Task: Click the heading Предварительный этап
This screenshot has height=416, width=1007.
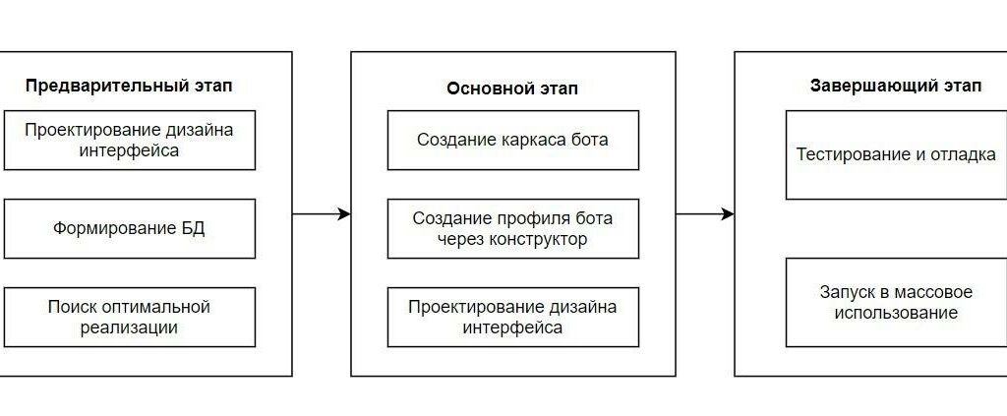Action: (x=129, y=87)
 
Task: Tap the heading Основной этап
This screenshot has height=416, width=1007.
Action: (x=512, y=89)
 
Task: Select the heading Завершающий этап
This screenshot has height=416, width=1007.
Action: (x=895, y=86)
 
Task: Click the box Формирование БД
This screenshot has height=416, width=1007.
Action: (x=129, y=228)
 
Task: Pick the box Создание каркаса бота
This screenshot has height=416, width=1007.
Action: (x=513, y=140)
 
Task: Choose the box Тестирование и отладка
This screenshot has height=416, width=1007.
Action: (x=897, y=154)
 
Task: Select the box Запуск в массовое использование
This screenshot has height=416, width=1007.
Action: (x=897, y=302)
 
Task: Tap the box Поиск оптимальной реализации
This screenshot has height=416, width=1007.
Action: (x=129, y=317)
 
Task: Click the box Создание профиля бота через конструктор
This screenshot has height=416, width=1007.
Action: (x=513, y=228)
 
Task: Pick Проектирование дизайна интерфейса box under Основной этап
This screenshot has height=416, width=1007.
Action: (x=513, y=317)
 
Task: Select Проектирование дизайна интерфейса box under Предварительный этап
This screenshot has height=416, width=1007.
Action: (x=129, y=140)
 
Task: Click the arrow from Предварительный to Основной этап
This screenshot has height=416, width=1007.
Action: (x=322, y=213)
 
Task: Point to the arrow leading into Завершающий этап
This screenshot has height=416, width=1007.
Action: (x=705, y=213)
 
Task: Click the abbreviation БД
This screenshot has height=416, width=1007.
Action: (x=194, y=229)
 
